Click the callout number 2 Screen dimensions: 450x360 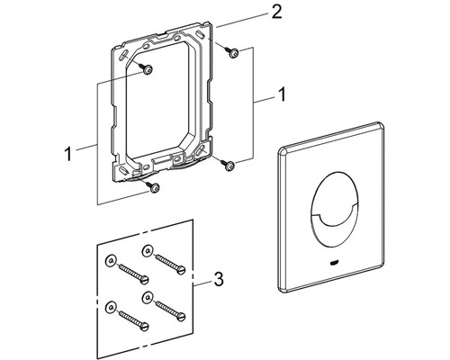tap(276, 13)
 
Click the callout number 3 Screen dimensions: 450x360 tap(219, 279)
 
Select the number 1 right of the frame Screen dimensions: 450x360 tap(282, 94)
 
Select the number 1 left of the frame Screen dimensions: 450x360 tap(68, 154)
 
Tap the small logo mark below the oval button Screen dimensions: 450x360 tap(333, 264)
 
